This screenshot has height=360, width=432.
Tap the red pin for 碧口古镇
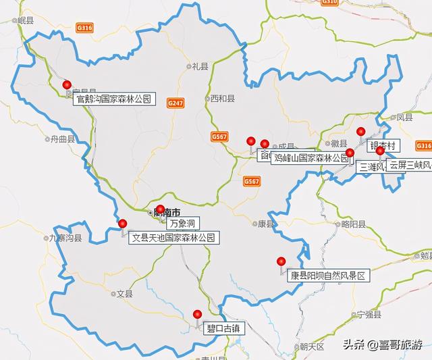click(197, 314)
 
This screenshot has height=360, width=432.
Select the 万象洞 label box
click(182, 222)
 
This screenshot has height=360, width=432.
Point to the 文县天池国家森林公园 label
click(174, 238)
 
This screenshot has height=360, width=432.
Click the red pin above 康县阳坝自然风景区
click(281, 261)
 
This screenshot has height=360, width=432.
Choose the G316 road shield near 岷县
click(85, 28)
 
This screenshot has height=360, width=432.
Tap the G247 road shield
click(175, 103)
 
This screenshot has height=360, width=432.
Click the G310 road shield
click(329, 3)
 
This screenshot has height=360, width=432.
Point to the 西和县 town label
click(221, 99)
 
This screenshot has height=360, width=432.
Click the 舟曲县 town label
click(61, 139)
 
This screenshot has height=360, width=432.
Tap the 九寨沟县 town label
click(65, 238)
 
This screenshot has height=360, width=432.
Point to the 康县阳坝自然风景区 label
click(327, 276)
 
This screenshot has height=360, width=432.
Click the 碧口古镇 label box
click(223, 329)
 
